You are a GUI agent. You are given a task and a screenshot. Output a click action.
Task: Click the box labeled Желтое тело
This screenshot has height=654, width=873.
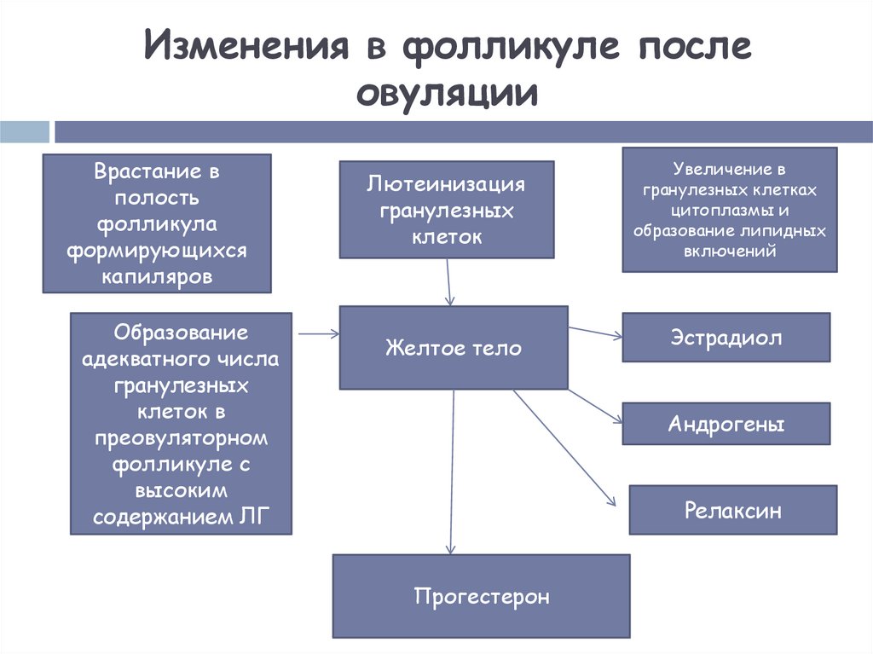[454, 348]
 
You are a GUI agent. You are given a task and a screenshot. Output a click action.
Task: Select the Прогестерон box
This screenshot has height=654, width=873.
[481, 596]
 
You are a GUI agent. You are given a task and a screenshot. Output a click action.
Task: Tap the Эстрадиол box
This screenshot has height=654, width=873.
[726, 338]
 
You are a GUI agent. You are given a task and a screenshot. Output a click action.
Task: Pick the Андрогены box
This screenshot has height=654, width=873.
[726, 424]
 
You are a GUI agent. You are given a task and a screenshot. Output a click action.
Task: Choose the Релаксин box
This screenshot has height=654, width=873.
[732, 510]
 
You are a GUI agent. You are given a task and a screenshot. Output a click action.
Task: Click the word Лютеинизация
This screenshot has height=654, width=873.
[447, 184]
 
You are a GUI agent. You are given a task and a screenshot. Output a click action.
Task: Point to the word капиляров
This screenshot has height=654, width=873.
[157, 277]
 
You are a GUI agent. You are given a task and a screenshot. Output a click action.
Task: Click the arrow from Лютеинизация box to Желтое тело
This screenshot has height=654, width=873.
[448, 281]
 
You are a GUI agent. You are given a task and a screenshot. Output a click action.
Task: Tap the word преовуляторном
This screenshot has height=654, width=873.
[181, 438]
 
